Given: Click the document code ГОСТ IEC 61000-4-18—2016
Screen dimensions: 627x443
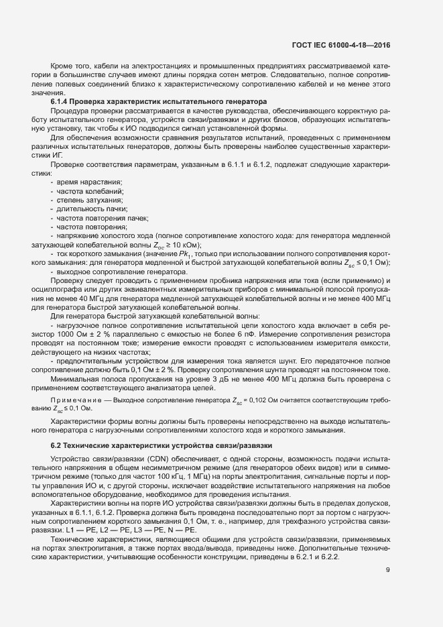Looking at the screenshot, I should (x=341, y=45).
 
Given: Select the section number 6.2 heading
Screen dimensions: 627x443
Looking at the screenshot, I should (x=56, y=446).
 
